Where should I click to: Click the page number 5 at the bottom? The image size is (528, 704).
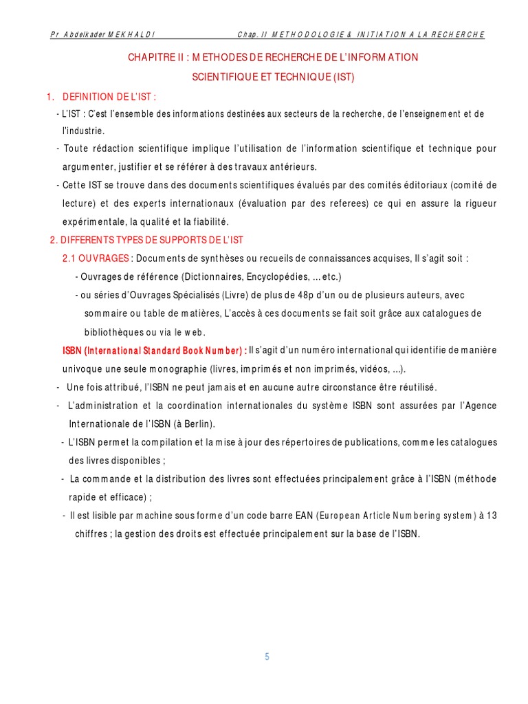(267, 657)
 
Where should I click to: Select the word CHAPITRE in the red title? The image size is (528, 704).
(148, 58)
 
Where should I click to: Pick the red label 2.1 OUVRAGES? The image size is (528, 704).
(96, 258)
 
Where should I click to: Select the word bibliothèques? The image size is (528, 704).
(113, 332)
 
